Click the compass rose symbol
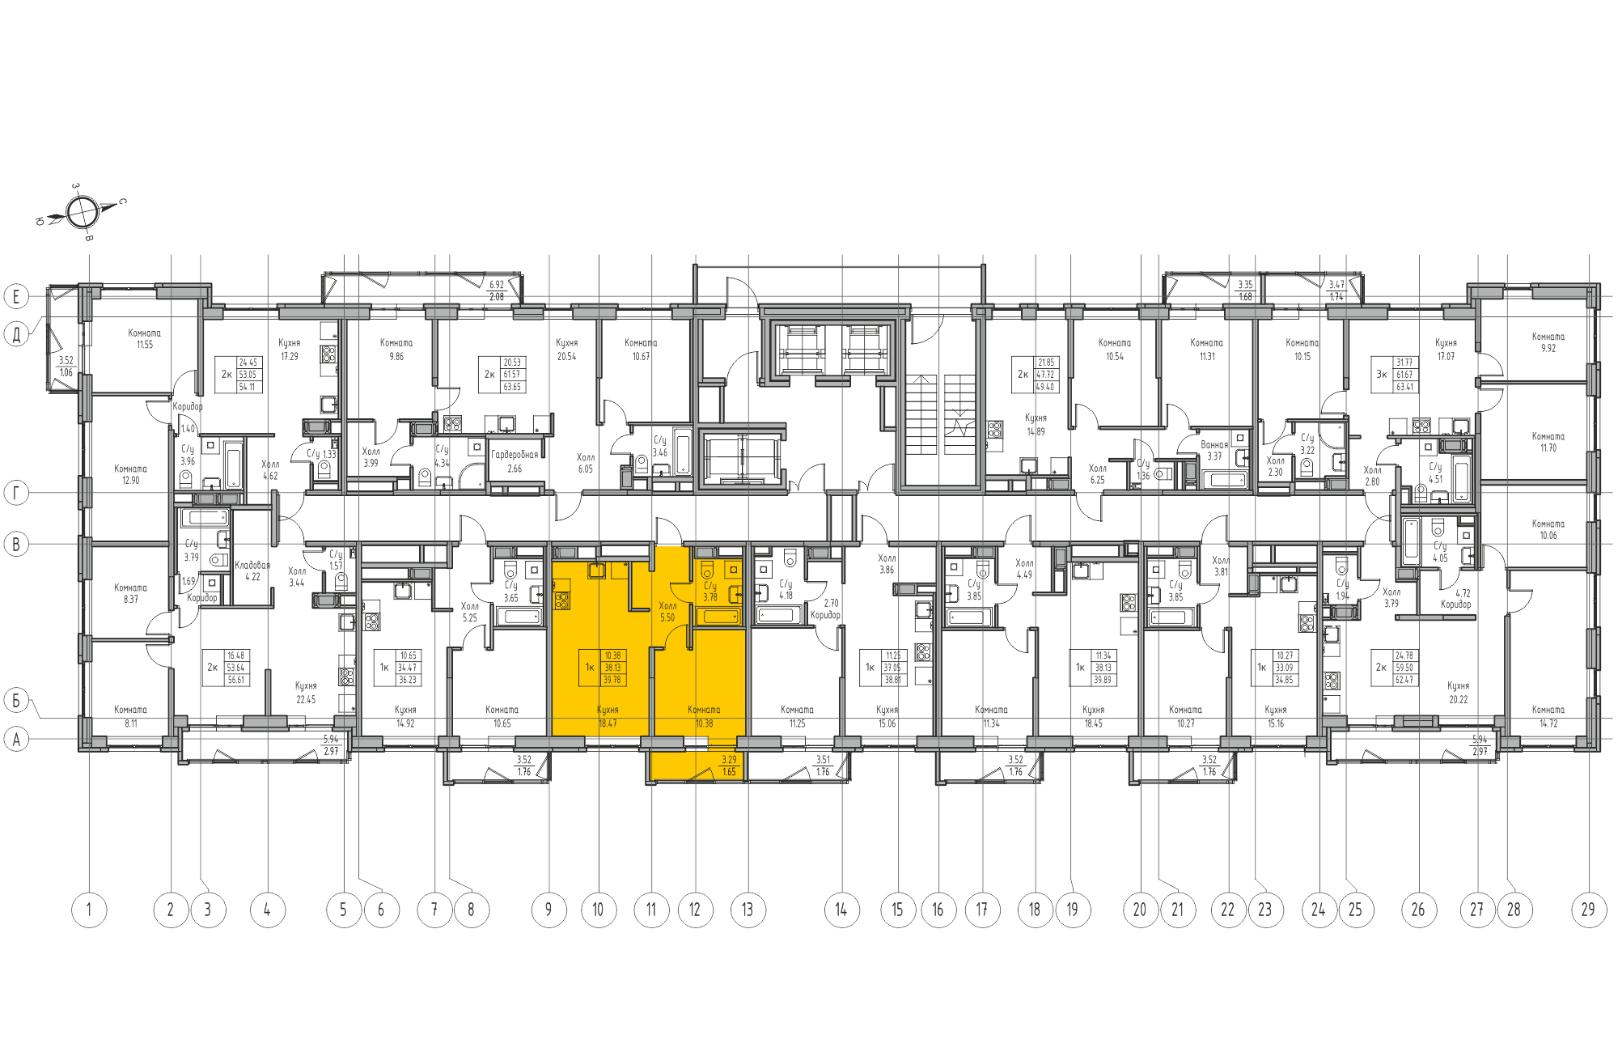tap(82, 213)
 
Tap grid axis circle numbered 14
tap(841, 910)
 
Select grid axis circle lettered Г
tap(16, 492)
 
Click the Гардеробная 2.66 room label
tap(515, 461)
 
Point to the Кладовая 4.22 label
tap(252, 571)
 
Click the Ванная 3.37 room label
tap(1214, 450)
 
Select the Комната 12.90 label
tap(130, 474)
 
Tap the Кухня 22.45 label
tap(306, 693)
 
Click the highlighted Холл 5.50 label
tap(667, 611)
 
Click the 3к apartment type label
tap(1382, 375)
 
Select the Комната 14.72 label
tap(1548, 716)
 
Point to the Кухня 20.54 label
tap(566, 350)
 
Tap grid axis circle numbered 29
tap(1588, 910)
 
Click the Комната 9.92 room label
tap(1548, 342)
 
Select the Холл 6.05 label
tap(585, 463)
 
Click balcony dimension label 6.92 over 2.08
tap(497, 291)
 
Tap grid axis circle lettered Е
tap(16, 296)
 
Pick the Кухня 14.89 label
tap(1036, 425)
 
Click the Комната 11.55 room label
tap(144, 338)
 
